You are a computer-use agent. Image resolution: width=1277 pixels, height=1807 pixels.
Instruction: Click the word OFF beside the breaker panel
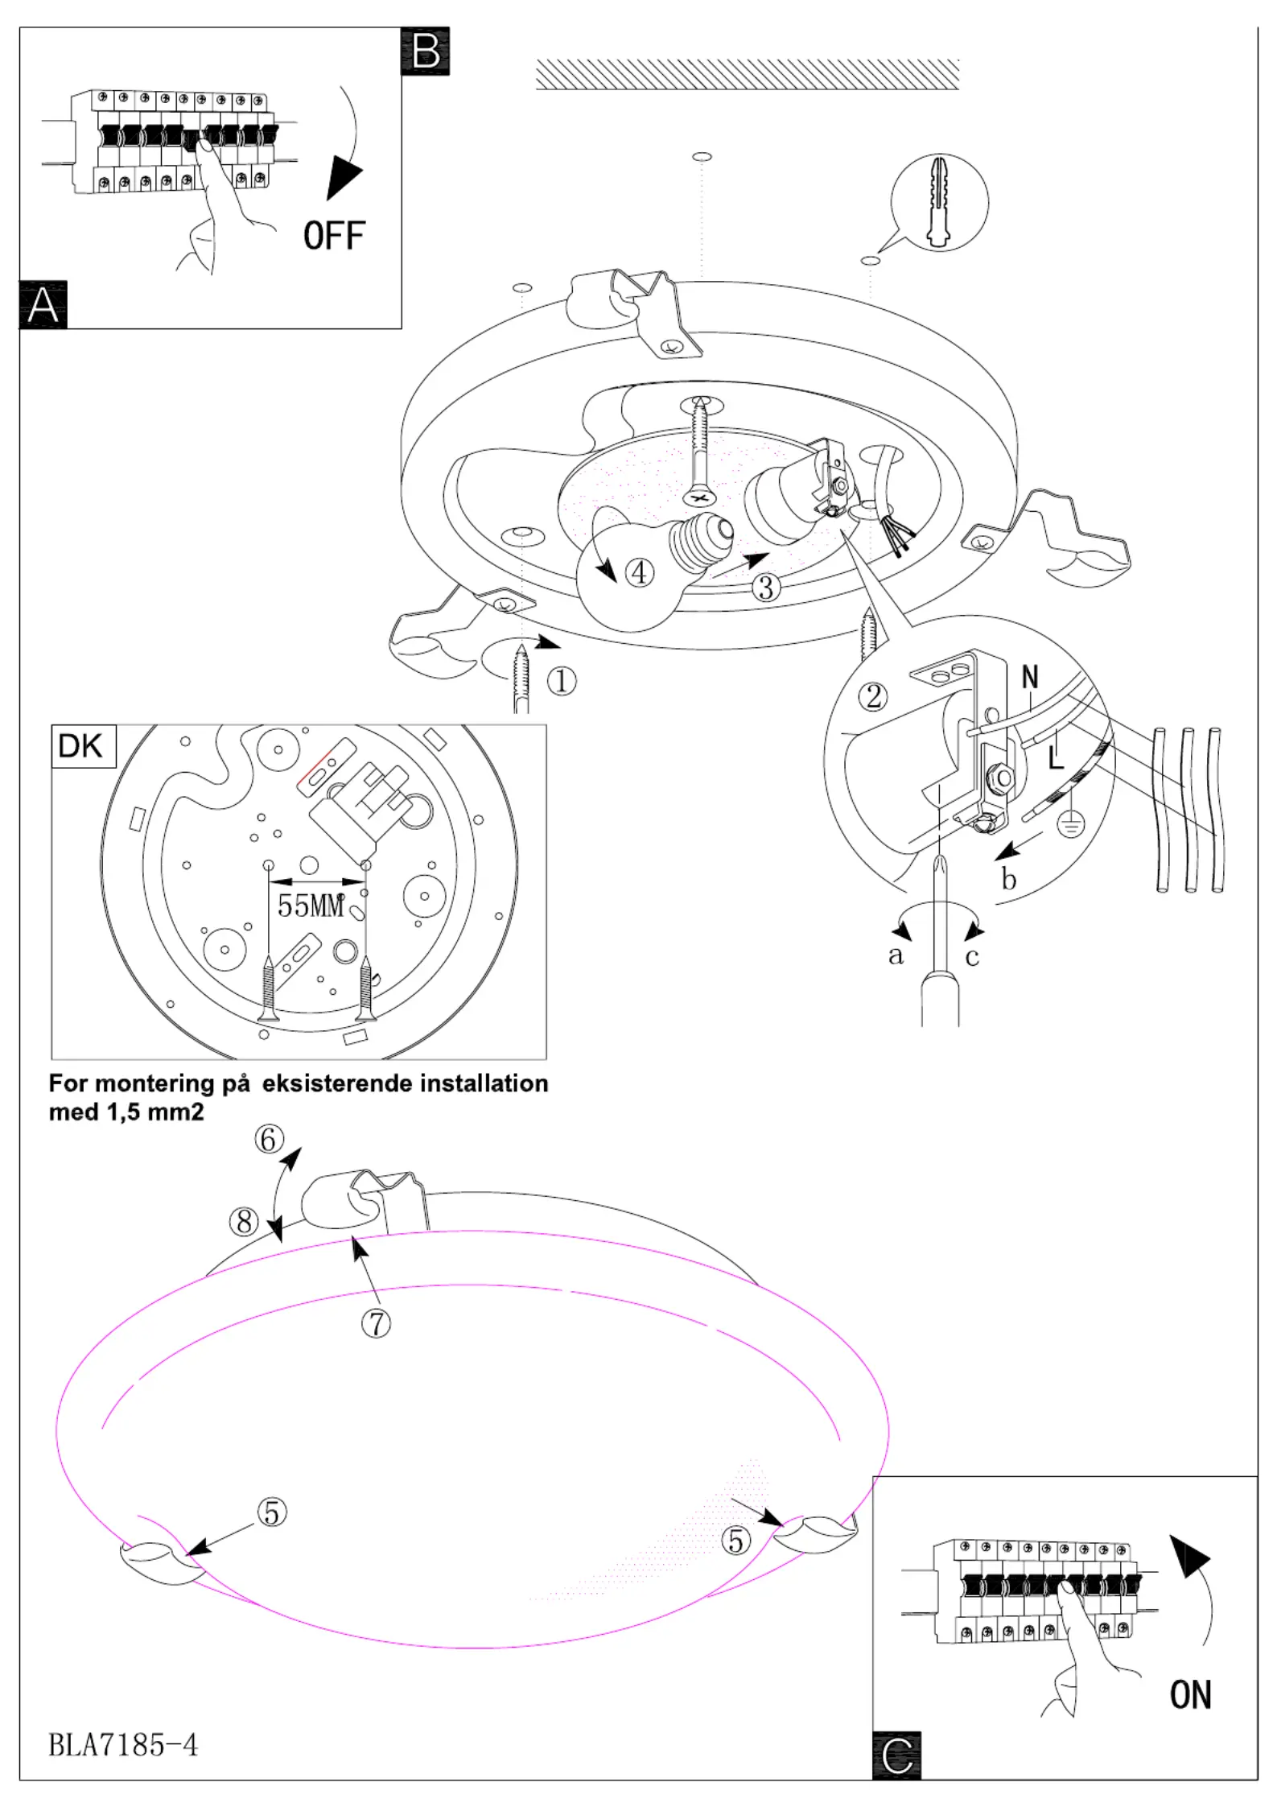(x=334, y=236)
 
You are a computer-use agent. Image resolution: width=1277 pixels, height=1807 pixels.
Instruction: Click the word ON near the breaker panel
(x=1190, y=1694)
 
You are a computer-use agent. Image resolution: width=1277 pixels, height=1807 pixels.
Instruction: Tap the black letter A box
(x=43, y=305)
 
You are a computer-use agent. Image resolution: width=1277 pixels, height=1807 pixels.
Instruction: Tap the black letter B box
(x=426, y=52)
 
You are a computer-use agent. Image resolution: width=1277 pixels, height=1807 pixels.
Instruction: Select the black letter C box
(x=897, y=1755)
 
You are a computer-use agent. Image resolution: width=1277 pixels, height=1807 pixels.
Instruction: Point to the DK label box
(x=82, y=746)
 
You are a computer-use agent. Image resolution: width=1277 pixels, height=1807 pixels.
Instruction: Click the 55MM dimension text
(x=311, y=906)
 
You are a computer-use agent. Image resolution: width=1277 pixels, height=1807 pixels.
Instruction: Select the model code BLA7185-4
(x=123, y=1745)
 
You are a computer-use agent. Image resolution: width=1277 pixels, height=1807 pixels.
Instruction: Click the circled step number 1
(x=562, y=682)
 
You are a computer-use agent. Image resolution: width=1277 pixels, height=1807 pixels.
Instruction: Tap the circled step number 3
(x=766, y=588)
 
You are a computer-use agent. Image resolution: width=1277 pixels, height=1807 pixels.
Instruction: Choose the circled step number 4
(x=640, y=573)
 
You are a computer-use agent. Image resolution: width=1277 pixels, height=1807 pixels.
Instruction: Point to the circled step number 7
(x=376, y=1323)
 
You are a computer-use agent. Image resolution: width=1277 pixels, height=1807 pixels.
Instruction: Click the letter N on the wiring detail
(x=1030, y=678)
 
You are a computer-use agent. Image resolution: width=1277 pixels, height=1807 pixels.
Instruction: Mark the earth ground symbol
(x=1071, y=823)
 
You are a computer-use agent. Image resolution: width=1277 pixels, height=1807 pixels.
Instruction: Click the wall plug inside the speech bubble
(x=939, y=202)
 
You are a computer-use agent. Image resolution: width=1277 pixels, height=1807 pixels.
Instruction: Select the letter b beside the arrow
(x=1009, y=879)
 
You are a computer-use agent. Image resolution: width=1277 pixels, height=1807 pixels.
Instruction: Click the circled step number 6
(x=270, y=1139)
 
